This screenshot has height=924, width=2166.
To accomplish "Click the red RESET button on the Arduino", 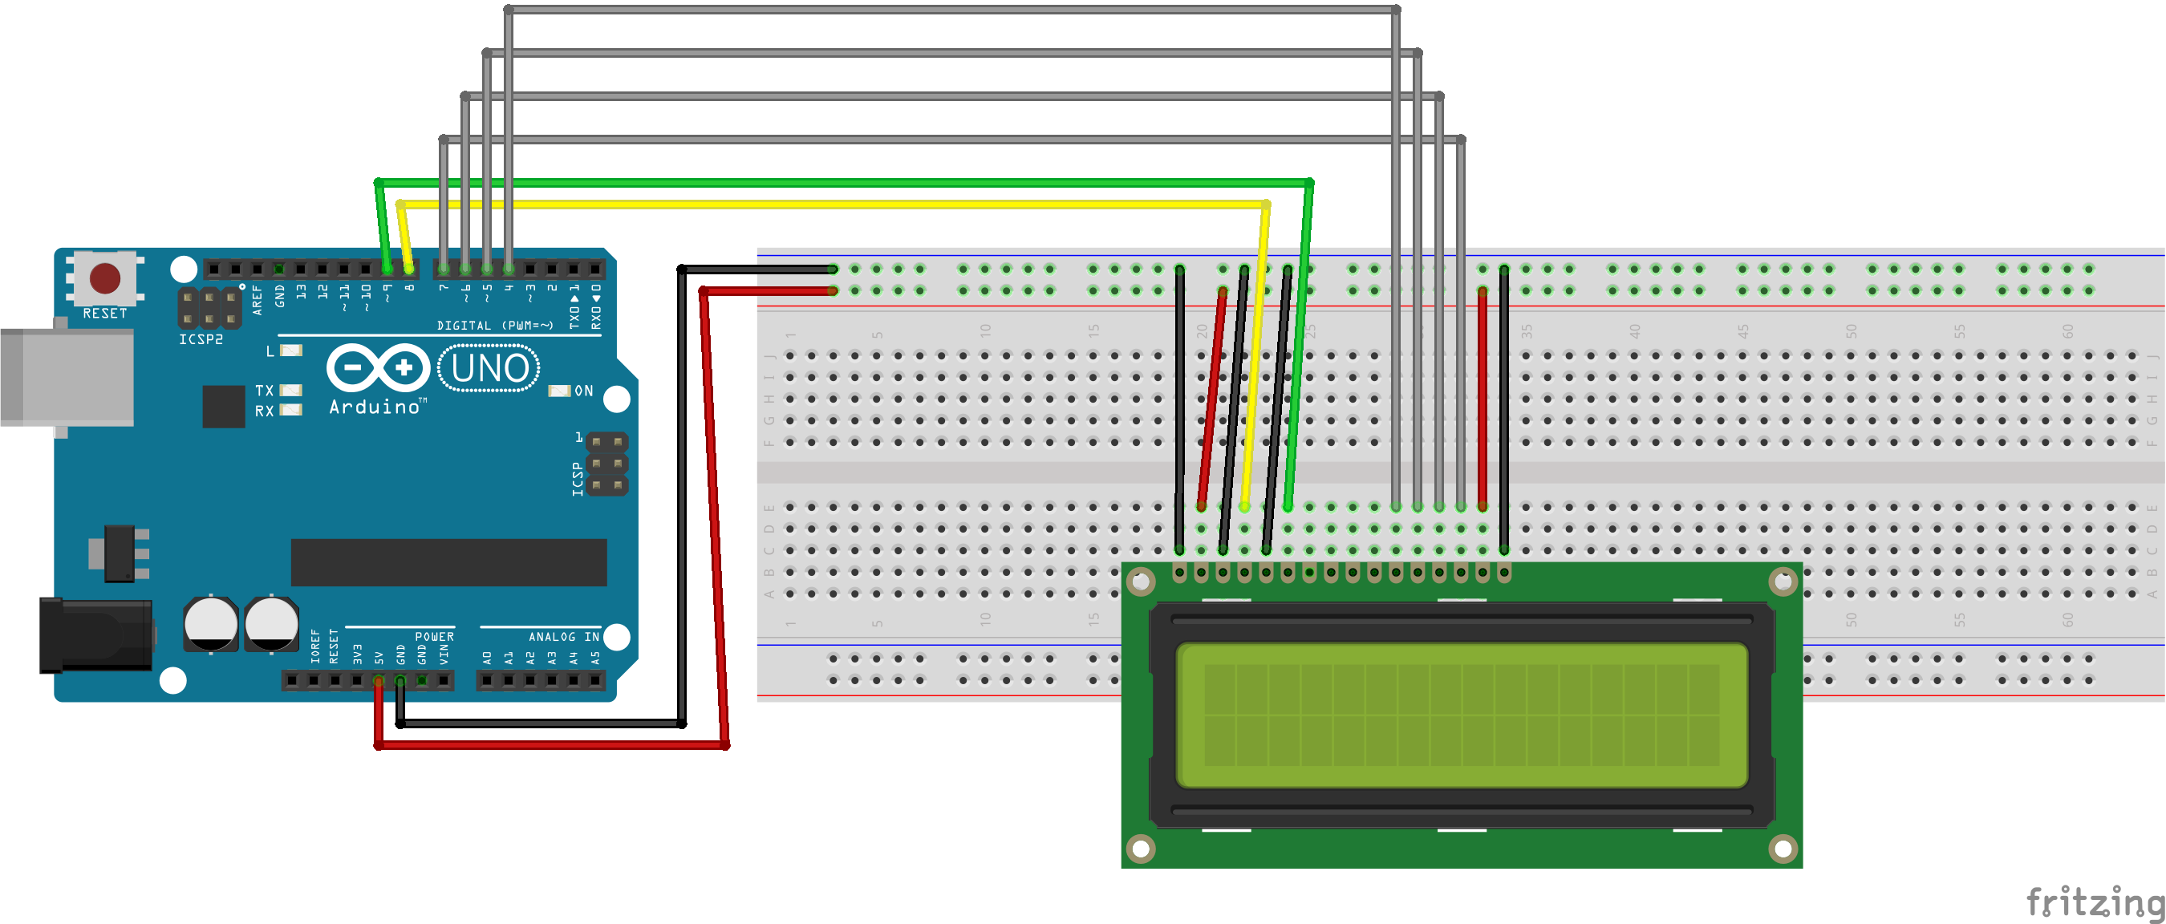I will click(x=105, y=278).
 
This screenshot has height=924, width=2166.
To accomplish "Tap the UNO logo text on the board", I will click(x=489, y=368).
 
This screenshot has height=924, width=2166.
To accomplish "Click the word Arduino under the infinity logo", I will click(x=375, y=407).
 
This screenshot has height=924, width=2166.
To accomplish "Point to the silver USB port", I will click(x=67, y=377).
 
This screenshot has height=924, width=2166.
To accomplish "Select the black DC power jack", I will click(x=95, y=634).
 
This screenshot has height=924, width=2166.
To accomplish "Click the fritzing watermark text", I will click(x=2094, y=902).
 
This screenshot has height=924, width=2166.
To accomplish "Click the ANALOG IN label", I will click(x=563, y=637).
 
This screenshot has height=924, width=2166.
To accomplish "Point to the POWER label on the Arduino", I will click(x=434, y=637).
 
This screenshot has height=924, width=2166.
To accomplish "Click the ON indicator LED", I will click(x=559, y=391).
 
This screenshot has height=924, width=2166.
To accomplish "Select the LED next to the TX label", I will click(x=291, y=390).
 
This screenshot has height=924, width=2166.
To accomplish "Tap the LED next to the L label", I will click(x=291, y=351).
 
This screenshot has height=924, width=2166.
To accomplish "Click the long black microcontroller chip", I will click(x=448, y=561).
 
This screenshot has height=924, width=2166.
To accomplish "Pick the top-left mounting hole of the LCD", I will click(x=1140, y=581).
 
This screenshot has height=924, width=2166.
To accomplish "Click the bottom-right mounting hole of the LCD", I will click(x=1782, y=849).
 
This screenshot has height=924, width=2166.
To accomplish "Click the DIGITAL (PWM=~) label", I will click(x=494, y=326).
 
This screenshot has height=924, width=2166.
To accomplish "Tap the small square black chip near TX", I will click(x=224, y=406).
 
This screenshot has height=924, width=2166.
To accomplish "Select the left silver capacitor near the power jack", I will click(x=210, y=623).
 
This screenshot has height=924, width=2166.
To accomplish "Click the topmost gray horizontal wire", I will click(x=950, y=10).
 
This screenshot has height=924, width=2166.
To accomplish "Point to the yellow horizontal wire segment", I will click(x=833, y=205).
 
